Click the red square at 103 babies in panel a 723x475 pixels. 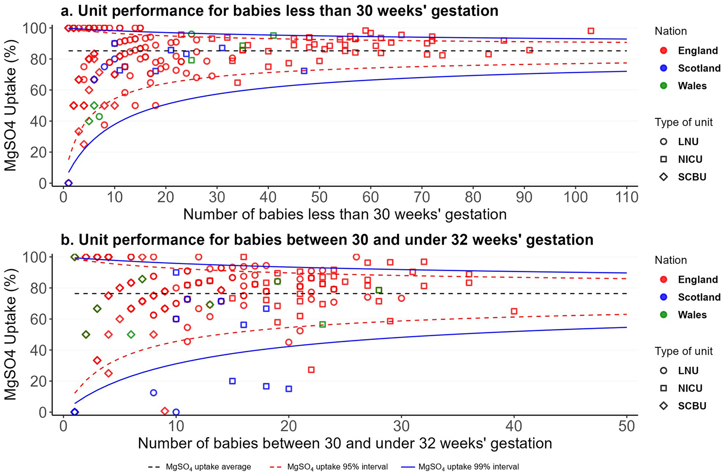click(591, 31)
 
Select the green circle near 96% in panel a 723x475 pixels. click(191, 34)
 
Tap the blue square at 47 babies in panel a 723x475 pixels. click(304, 71)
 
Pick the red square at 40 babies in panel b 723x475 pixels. click(514, 311)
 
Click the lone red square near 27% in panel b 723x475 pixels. click(311, 370)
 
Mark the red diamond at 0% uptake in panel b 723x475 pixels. click(165, 411)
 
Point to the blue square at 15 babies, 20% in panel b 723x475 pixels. click(233, 381)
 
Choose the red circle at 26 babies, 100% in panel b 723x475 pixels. click(356, 257)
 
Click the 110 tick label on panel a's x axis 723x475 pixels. click(627, 197)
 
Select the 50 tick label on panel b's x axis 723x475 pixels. click(626, 426)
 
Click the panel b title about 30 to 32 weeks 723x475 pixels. click(327, 240)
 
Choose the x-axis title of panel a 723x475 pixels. click(345, 214)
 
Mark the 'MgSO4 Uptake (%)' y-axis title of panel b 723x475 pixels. click(11, 335)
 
